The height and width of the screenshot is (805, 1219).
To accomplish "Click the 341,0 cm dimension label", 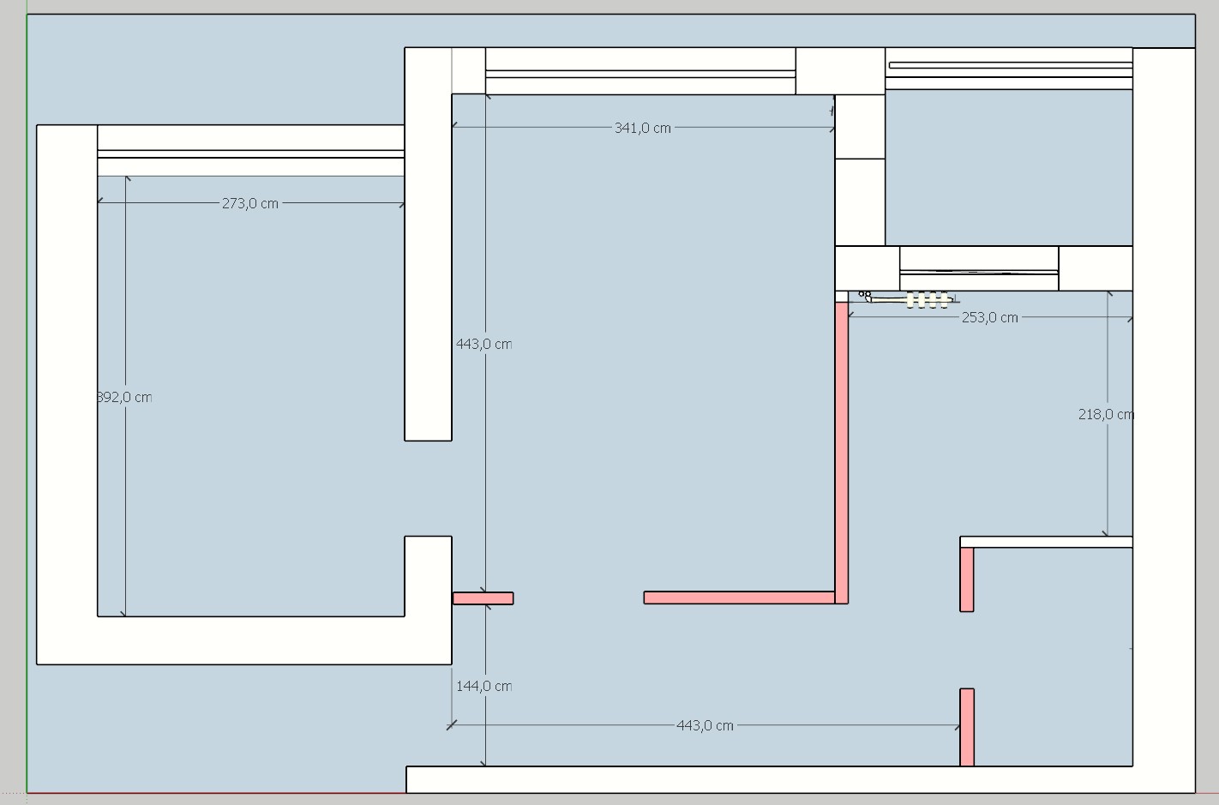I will pyautogui.click(x=642, y=128).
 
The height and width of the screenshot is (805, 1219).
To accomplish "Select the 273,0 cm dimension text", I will pyautogui.click(x=249, y=203).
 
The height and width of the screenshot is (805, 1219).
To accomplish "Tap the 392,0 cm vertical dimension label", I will pyautogui.click(x=125, y=397).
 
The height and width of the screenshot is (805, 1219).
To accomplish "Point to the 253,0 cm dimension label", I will pyautogui.click(x=989, y=317).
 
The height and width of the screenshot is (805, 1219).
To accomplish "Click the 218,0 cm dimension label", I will pyautogui.click(x=1105, y=414).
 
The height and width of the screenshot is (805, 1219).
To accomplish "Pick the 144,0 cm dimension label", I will pyautogui.click(x=483, y=686).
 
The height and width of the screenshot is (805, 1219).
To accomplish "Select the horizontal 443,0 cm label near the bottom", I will pyautogui.click(x=705, y=725).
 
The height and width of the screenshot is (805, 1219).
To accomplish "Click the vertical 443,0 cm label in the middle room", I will pyautogui.click(x=483, y=344).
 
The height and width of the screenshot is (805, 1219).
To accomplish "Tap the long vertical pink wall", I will pyautogui.click(x=841, y=446).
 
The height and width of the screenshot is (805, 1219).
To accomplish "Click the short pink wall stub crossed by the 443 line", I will pyautogui.click(x=483, y=598).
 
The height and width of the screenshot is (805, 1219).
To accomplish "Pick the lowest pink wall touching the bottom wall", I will pyautogui.click(x=966, y=726).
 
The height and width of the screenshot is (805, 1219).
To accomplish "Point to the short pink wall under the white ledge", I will pyautogui.click(x=966, y=580).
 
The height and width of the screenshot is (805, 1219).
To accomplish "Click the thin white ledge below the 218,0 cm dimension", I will pyautogui.click(x=1046, y=542).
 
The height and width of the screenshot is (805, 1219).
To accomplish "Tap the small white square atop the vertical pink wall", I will pyautogui.click(x=841, y=297).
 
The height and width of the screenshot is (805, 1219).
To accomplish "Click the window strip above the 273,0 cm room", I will pyautogui.click(x=250, y=153).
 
